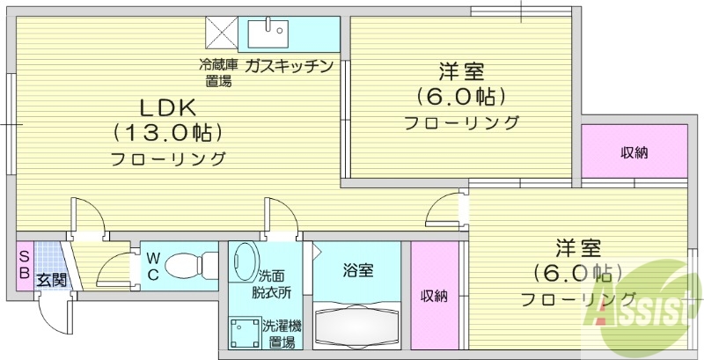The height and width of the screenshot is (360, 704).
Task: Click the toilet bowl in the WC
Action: point(187,263)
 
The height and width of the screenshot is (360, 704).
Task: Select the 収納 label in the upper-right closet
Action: point(634,153)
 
